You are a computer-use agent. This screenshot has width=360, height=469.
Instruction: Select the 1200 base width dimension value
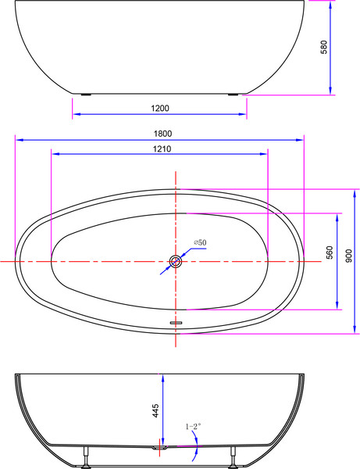pyautogui.click(x=160, y=107)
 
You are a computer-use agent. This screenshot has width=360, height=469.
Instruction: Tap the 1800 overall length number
pyautogui.click(x=161, y=134)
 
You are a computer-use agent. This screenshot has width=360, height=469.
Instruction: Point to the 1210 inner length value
pyautogui.click(x=162, y=148)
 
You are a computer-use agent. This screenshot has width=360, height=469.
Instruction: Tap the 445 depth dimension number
pyautogui.click(x=156, y=410)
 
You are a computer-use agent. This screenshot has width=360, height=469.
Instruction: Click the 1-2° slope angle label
pyautogui.click(x=192, y=427)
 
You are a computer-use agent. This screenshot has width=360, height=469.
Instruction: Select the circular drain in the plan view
pyautogui.click(x=176, y=261)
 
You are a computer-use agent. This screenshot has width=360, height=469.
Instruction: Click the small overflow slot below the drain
pyautogui.click(x=176, y=320)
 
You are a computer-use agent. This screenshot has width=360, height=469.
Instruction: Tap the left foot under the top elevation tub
pyautogui.click(x=87, y=95)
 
